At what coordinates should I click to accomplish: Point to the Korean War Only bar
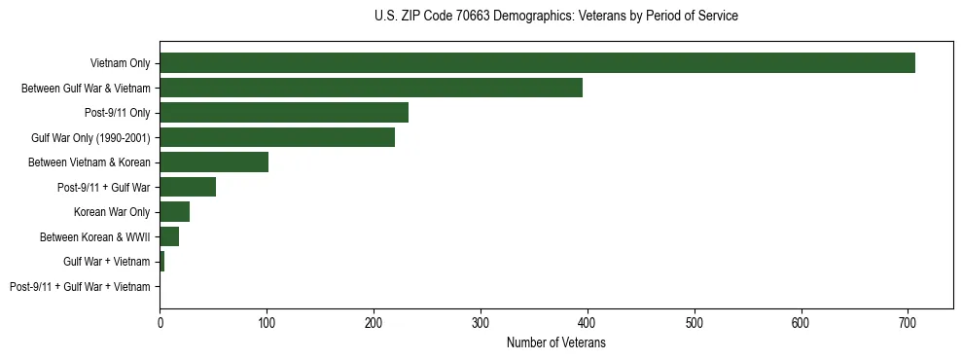pos(175,212)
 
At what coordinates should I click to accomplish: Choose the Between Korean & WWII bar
pos(169,236)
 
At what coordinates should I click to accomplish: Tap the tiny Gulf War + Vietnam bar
pos(162,262)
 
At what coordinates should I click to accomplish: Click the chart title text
pos(555,17)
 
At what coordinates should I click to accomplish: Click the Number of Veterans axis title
pos(555,342)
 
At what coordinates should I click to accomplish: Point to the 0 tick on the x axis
pos(160,322)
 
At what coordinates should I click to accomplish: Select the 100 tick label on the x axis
pos(267,322)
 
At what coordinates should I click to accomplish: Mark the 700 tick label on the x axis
pos(907,322)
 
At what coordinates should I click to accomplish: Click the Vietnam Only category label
pos(120,63)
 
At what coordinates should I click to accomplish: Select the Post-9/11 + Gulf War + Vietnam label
pos(80,287)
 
